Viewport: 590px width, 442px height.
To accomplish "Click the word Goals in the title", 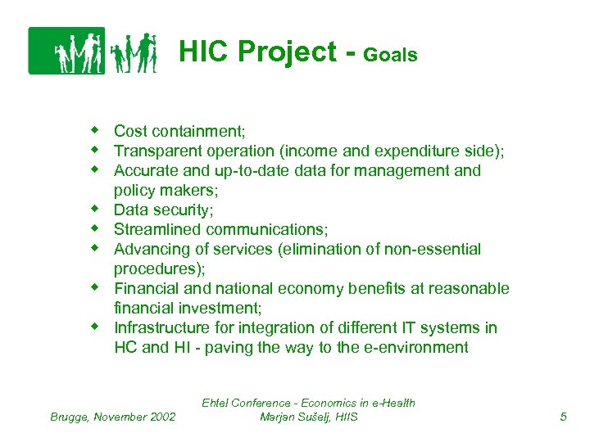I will tap(390, 56).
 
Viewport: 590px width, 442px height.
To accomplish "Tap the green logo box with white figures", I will tap(66, 51).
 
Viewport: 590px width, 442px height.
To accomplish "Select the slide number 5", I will tap(563, 417).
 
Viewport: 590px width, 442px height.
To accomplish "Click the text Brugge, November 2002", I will tap(113, 417).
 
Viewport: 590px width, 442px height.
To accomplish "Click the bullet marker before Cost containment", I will tap(95, 130).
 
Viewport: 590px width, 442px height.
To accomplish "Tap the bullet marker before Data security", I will tap(95, 209).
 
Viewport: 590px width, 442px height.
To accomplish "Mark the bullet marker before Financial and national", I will tap(95, 287).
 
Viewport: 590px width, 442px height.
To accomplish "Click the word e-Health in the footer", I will tap(388, 403).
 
